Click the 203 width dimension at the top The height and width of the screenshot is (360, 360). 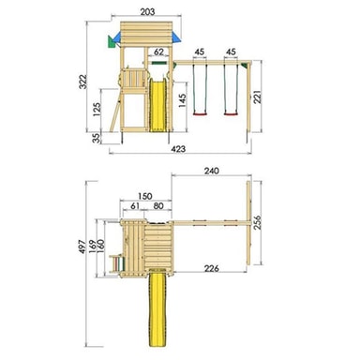coord(147,12)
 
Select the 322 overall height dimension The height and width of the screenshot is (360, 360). coord(83,82)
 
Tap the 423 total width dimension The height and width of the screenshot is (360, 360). coord(178,149)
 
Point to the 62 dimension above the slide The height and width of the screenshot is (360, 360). coord(158,52)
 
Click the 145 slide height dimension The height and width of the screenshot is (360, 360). coord(182,100)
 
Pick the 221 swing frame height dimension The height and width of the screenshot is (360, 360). coord(257,97)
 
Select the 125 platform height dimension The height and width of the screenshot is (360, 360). coord(97,110)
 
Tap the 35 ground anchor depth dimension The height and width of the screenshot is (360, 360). coord(97,138)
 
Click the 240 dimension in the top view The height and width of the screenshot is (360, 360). coord(212,171)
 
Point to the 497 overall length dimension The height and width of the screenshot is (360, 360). coord(82,247)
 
